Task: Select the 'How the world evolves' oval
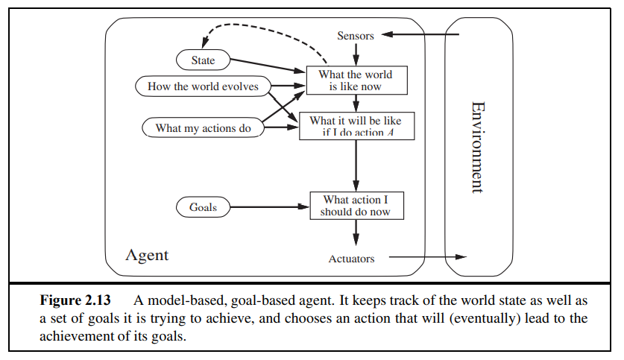click(203, 86)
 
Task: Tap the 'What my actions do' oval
click(203, 128)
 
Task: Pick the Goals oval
click(202, 207)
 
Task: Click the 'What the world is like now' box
click(355, 80)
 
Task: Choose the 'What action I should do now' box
click(356, 206)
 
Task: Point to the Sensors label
click(356, 36)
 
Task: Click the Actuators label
click(351, 259)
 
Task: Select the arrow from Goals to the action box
click(268, 207)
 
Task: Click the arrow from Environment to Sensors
click(421, 35)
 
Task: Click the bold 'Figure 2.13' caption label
click(75, 301)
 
